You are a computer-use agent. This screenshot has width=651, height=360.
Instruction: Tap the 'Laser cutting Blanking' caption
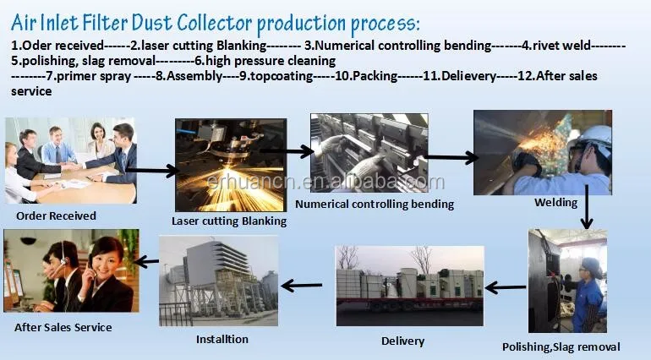pos(229,221)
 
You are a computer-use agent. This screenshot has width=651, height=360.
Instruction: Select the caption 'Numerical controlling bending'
pos(375,204)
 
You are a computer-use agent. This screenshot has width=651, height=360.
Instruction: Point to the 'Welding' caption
pos(556,203)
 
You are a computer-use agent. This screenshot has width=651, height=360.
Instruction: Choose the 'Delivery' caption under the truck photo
pos(402,341)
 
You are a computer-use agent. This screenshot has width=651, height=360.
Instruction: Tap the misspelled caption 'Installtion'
pos(222,339)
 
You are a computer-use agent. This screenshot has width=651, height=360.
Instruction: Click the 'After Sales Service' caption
pos(63,327)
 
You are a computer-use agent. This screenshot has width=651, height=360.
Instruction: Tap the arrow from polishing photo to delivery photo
pos(506,288)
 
